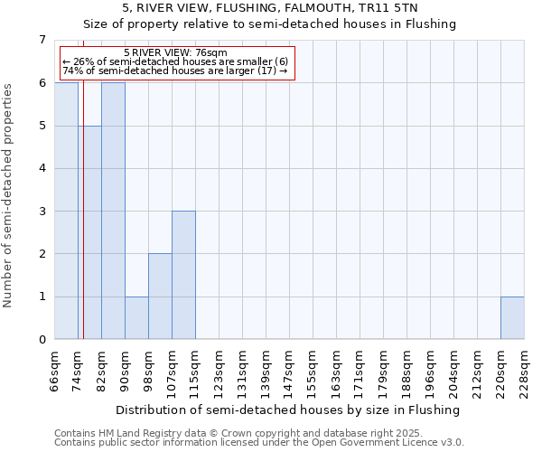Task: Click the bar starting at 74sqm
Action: (x=89, y=232)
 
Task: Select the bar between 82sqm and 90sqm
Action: (x=113, y=211)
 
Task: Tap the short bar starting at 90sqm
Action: (x=136, y=317)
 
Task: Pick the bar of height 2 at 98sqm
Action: (x=160, y=297)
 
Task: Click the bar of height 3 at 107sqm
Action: (x=183, y=275)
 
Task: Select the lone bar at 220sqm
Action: (x=512, y=317)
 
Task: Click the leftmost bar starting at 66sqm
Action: (x=66, y=211)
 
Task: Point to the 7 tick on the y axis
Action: (x=42, y=40)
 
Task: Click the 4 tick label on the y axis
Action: (x=42, y=168)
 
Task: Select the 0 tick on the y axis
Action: (x=42, y=340)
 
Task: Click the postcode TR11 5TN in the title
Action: (x=384, y=7)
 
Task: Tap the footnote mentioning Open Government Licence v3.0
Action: (x=259, y=443)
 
